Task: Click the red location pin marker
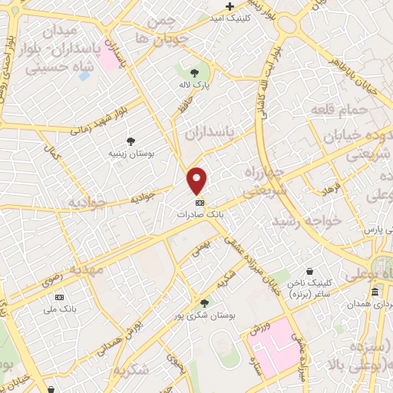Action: (198, 181)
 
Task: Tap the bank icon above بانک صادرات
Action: (200, 203)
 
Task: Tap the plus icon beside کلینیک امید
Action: (230, 6)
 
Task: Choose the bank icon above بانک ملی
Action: (60, 297)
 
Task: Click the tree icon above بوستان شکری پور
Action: (203, 303)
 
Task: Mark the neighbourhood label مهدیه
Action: (86, 270)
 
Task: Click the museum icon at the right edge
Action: (375, 292)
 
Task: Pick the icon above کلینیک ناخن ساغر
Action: (309, 272)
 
